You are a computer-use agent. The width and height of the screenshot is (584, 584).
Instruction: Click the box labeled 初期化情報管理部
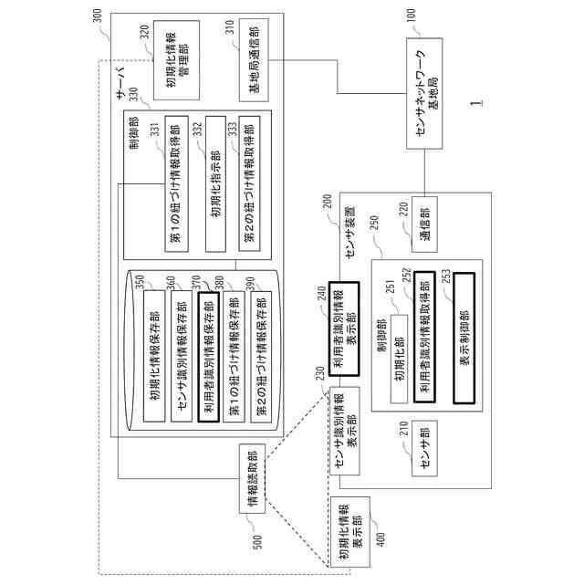coord(176,60)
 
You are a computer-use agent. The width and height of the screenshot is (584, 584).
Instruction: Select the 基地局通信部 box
coord(254,60)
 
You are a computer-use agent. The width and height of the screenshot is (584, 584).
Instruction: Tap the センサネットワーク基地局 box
coord(424,93)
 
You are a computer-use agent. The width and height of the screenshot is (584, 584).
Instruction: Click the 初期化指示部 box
coord(215,184)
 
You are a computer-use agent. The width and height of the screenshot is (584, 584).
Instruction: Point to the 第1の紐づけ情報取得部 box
coord(176,184)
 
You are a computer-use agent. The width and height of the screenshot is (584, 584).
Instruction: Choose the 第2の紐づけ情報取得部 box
coord(249,184)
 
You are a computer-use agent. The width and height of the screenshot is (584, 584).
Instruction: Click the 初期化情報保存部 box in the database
coord(154,356)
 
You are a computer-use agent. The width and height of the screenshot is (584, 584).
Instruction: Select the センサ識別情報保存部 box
coord(182,356)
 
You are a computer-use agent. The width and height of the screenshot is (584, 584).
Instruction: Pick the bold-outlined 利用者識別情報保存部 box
coord(209,357)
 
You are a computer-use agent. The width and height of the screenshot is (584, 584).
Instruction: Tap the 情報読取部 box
coord(252,478)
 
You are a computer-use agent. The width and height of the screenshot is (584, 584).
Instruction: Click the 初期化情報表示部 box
coord(350,532)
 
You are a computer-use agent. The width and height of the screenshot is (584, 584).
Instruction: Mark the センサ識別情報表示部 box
coord(345,431)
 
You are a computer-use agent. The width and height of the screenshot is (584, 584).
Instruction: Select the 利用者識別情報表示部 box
coord(344,328)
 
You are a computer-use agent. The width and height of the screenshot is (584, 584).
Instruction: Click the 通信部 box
coord(424,224)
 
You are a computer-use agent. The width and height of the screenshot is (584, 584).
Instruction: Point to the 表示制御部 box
coord(464,339)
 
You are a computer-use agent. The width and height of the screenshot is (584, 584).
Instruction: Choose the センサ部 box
coord(424,448)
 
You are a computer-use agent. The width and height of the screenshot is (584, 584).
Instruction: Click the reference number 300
coord(97,16)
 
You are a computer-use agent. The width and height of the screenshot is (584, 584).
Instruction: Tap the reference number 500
coord(257,542)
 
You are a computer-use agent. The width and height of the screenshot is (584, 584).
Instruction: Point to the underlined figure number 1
coord(476,103)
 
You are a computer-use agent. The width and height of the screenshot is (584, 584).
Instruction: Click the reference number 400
coord(381,539)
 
